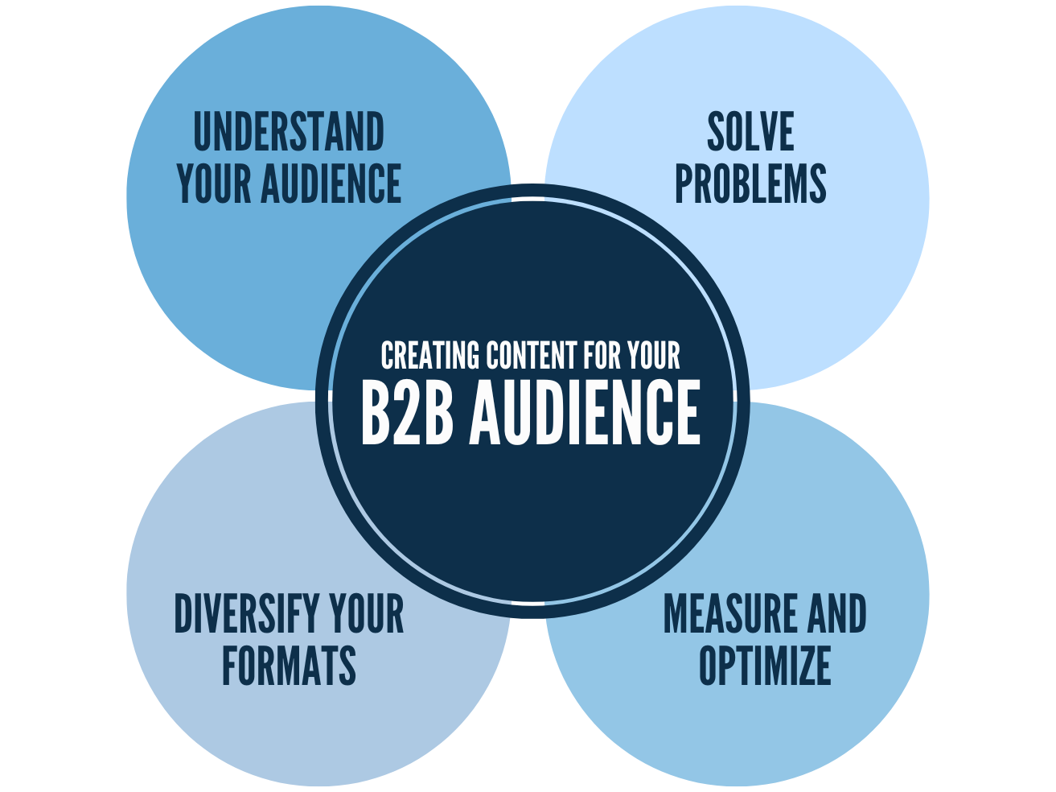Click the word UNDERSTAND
289,133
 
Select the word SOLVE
750,133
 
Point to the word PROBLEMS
750,184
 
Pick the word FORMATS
289,666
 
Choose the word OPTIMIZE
765,666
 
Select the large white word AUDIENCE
585,412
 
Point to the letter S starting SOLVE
716,133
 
